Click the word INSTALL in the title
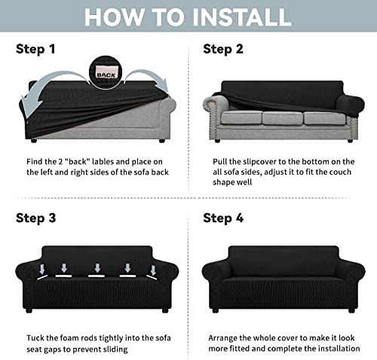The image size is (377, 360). pyautogui.click(x=241, y=17)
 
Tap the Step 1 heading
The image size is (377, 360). pyautogui.click(x=35, y=49)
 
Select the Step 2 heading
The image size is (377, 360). pyautogui.click(x=223, y=49)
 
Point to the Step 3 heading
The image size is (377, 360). pyautogui.click(x=36, y=218)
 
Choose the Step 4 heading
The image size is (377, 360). pyautogui.click(x=223, y=218)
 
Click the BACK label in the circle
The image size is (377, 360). pyautogui.click(x=106, y=75)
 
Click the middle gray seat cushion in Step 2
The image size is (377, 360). pyautogui.click(x=283, y=118)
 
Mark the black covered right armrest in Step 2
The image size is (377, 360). pyautogui.click(x=351, y=104)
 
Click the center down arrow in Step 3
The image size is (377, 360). pyautogui.click(x=97, y=268)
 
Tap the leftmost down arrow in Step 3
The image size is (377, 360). pyautogui.click(x=42, y=270)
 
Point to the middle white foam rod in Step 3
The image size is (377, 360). pyautogui.click(x=97, y=276)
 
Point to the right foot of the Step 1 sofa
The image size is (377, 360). pyautogui.click(x=162, y=141)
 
